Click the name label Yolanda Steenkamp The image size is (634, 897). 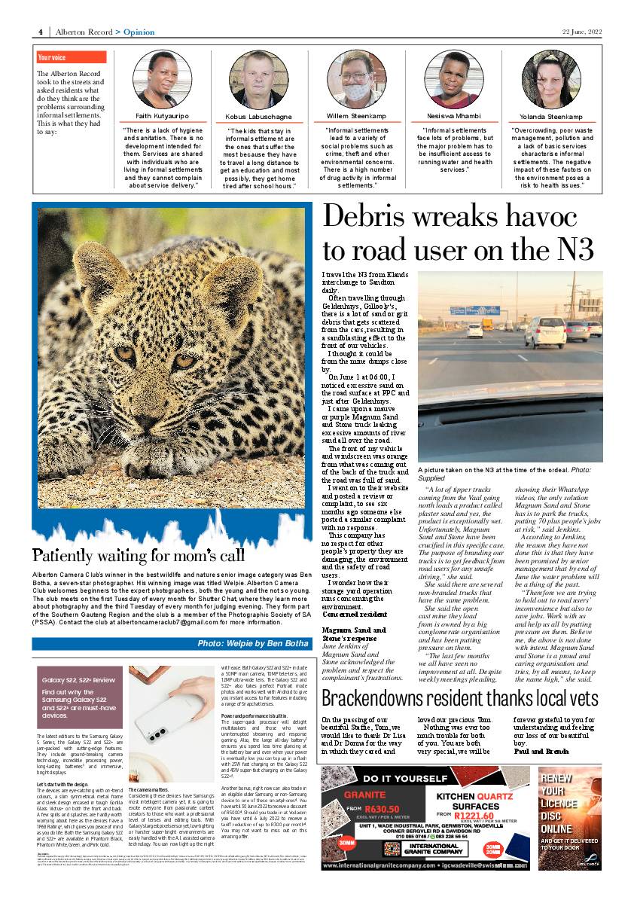(x=551, y=117)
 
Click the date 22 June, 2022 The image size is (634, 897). (x=582, y=32)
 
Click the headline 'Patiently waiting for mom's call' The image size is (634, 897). (x=139, y=556)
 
